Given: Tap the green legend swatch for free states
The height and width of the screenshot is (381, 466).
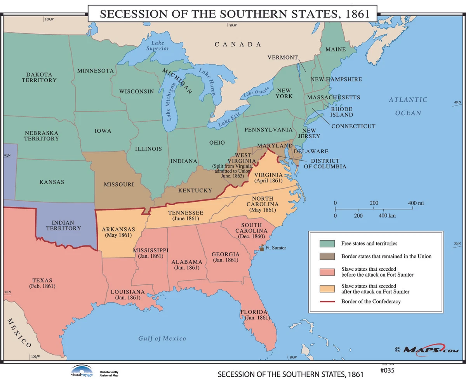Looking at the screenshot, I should (327, 243).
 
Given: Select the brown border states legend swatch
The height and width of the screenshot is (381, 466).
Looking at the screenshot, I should (327, 256).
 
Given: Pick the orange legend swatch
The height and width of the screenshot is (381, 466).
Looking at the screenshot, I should (327, 288).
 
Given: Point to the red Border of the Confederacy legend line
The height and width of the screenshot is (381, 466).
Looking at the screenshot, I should (327, 301).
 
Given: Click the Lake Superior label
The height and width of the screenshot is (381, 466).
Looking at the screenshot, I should (158, 46).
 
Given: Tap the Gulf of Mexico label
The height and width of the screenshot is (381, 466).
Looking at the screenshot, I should (162, 338).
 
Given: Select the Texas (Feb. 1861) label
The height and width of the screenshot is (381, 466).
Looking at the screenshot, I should (42, 283).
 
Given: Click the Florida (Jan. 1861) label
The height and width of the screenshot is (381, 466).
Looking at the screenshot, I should (255, 315).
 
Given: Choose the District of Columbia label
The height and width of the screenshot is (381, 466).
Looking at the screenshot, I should (325, 164).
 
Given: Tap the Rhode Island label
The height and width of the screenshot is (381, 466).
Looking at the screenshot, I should (342, 112).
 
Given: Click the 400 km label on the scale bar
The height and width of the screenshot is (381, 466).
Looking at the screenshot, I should (387, 215).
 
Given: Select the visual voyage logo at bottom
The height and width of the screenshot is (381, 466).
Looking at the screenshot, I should (82, 371).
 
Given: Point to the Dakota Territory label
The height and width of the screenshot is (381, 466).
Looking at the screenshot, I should (39, 77).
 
